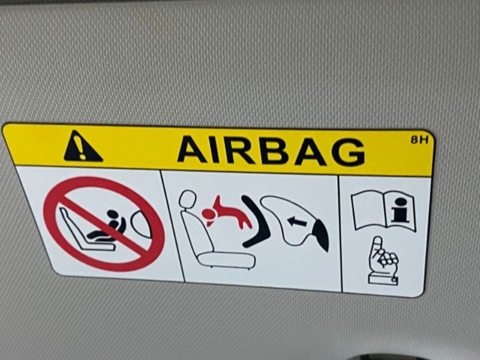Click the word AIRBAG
click(271, 151)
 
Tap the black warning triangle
click(82, 146)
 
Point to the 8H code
click(419, 140)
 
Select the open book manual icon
click(384, 211)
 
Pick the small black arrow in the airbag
click(297, 221)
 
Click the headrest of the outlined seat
click(187, 199)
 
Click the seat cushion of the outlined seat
click(226, 260)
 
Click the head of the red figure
click(209, 214)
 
